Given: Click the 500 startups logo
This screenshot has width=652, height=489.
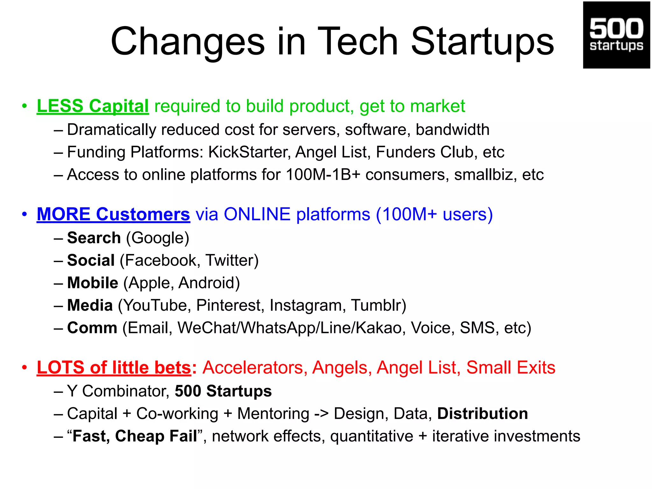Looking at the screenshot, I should [616, 35].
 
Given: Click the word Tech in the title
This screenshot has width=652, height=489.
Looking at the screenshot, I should [358, 42].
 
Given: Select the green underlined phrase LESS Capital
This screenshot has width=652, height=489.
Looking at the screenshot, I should [93, 106].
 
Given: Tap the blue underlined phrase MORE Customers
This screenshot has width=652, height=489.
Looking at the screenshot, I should [113, 214].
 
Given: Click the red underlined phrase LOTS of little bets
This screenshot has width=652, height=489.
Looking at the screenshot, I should [114, 368].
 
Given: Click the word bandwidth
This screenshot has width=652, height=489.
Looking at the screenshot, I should [452, 130].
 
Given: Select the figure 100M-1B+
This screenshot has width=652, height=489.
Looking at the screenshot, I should [323, 175].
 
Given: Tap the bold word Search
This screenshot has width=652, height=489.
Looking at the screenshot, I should [94, 238].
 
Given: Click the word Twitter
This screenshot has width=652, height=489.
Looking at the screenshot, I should [232, 260].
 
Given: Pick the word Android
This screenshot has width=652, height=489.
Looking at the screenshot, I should [209, 283].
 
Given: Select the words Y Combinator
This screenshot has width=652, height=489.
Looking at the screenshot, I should [118, 391].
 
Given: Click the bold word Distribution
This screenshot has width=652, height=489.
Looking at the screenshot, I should [482, 414].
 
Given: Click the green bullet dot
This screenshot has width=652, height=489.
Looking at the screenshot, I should [25, 106].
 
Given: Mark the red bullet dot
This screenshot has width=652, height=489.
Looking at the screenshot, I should [25, 368].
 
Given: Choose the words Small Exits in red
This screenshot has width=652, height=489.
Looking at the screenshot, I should [511, 368].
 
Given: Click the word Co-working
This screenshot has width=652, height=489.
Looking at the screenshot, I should [177, 414].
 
